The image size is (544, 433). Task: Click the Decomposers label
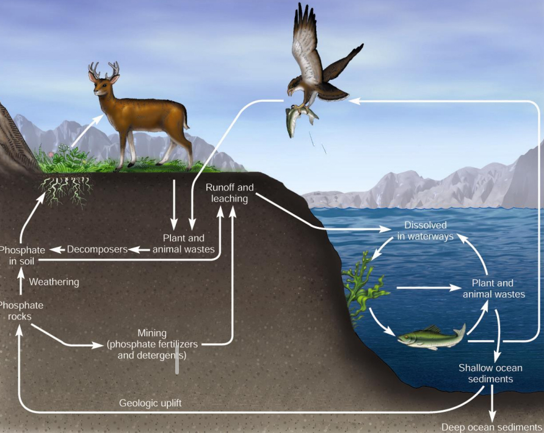97,249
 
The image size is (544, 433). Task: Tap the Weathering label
54,282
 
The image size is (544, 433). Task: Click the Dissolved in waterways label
426,231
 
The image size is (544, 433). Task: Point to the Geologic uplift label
150,403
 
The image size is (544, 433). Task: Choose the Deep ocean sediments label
492,427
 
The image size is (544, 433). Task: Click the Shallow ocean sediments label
490,373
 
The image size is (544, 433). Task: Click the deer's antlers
103,70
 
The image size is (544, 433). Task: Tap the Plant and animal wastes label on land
183,243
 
